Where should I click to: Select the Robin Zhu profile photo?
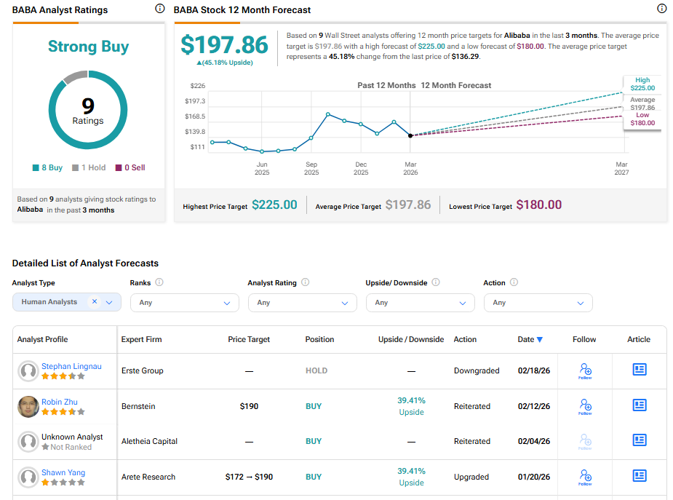(28, 406)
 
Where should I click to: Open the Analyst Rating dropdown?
(302, 302)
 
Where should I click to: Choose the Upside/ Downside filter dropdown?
(420, 302)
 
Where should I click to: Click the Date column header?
(530, 339)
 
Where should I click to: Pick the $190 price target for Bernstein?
(249, 406)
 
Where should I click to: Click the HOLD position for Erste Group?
(316, 370)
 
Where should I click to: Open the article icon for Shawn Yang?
(639, 476)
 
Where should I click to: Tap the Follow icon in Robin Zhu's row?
(585, 405)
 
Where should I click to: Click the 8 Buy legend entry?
(47, 167)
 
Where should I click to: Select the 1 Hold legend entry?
(89, 167)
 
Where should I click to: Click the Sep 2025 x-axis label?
(311, 168)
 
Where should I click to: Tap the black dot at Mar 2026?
(410, 135)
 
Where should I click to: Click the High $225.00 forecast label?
(642, 84)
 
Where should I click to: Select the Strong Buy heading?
(88, 47)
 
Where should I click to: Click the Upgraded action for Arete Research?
(471, 477)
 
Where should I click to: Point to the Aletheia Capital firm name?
(149, 441)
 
